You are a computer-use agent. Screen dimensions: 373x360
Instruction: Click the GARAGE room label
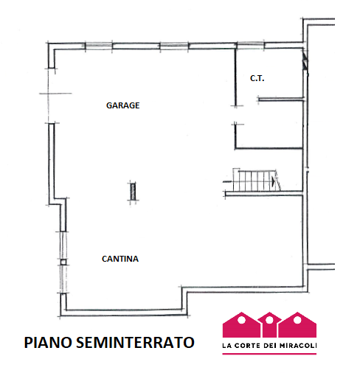point(122,105)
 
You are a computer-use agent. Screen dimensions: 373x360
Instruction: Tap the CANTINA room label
point(120,259)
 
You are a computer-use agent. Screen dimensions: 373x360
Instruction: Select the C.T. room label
point(257,78)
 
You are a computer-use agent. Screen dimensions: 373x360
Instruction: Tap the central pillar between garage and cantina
point(132,191)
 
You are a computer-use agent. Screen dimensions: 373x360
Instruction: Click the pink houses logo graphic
point(269,325)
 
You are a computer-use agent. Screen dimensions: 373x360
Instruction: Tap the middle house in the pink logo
point(269,325)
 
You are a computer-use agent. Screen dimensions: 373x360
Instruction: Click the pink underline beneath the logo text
point(269,354)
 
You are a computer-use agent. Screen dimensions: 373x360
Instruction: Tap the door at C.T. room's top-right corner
point(304,62)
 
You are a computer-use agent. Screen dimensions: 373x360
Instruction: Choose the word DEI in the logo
point(272,345)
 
